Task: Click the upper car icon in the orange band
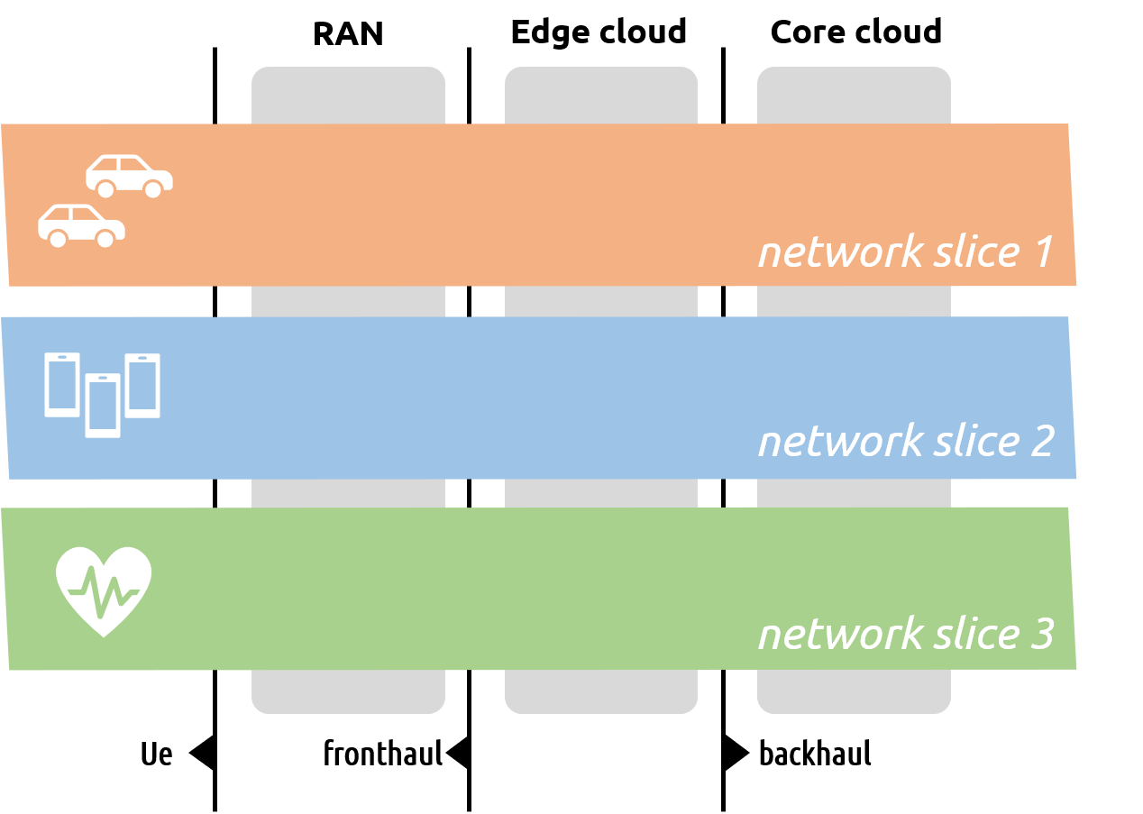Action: pyautogui.click(x=129, y=175)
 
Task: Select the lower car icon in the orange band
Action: pyautogui.click(x=81, y=224)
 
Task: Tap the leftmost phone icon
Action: pyautogui.click(x=62, y=384)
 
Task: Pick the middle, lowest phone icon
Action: pyautogui.click(x=103, y=406)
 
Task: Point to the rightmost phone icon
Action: pyautogui.click(x=142, y=385)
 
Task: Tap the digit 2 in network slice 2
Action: pyautogui.click(x=1040, y=442)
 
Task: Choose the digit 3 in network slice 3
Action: pyautogui.click(x=1040, y=634)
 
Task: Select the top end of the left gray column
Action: pyautogui.click(x=348, y=94)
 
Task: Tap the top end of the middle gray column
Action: pyautogui.click(x=601, y=94)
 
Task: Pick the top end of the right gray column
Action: pyautogui.click(x=854, y=94)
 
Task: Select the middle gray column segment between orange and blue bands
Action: pyautogui.click(x=601, y=301)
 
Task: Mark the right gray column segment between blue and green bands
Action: pyautogui.click(x=854, y=493)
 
